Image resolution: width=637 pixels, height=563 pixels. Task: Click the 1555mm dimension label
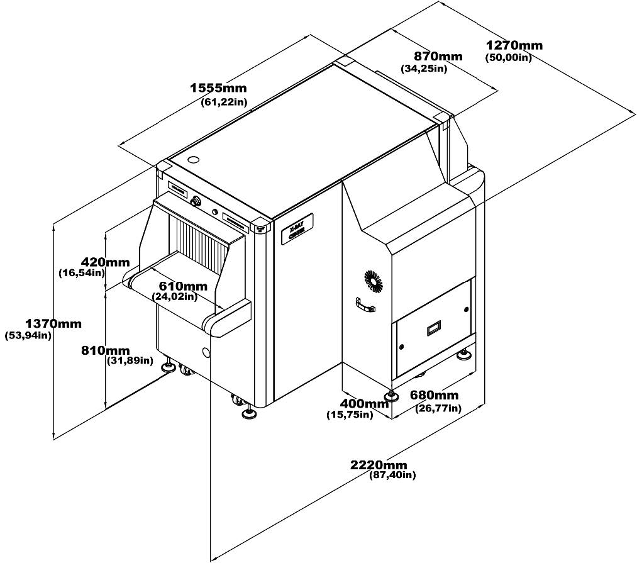(x=218, y=89)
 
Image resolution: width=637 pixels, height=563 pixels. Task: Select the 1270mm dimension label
(x=514, y=45)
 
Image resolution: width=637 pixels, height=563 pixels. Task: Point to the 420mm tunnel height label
(x=105, y=262)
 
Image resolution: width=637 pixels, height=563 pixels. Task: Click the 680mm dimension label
(x=434, y=395)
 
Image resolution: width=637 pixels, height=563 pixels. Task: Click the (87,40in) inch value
(x=392, y=476)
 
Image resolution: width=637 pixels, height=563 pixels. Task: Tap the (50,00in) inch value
(x=509, y=58)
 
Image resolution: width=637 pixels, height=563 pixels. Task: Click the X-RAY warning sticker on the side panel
(x=297, y=229)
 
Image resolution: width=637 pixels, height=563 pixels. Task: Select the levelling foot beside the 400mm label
(x=392, y=396)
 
